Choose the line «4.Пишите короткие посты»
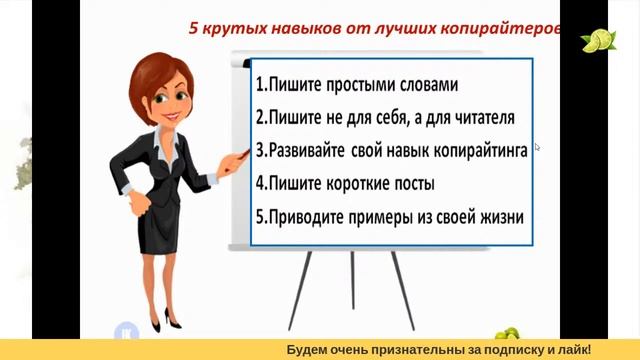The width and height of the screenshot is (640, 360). [345, 184]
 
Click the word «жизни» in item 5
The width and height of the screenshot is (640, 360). [500, 216]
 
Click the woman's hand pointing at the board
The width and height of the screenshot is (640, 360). [239, 157]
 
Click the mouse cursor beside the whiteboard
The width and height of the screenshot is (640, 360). [537, 147]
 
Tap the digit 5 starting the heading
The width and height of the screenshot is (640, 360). [194, 30]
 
